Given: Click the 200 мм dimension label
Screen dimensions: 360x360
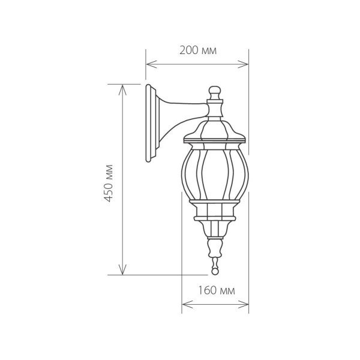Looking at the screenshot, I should (x=198, y=50).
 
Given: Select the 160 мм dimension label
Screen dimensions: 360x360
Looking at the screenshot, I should (x=215, y=290).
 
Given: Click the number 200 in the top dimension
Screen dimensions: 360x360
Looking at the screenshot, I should (x=189, y=50).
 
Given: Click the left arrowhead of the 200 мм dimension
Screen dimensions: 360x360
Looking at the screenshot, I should (x=149, y=64).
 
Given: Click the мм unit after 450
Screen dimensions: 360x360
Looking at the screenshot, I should (x=109, y=170).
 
